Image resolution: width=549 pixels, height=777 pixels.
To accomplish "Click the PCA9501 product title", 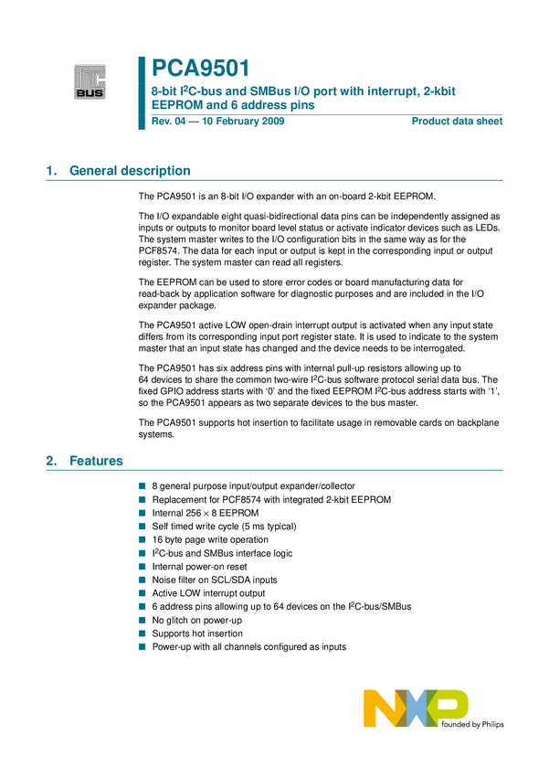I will (x=200, y=69).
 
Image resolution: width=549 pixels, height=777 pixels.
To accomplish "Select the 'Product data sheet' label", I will (x=457, y=122).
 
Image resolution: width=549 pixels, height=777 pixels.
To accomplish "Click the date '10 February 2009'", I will (x=233, y=122).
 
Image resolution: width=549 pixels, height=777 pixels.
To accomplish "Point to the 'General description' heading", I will (x=130, y=171).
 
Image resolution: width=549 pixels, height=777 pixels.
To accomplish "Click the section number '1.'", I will (x=51, y=171).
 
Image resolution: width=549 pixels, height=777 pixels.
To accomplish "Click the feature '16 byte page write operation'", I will (x=210, y=540).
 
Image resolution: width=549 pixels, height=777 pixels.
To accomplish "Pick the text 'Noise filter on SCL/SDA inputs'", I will (x=215, y=580).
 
